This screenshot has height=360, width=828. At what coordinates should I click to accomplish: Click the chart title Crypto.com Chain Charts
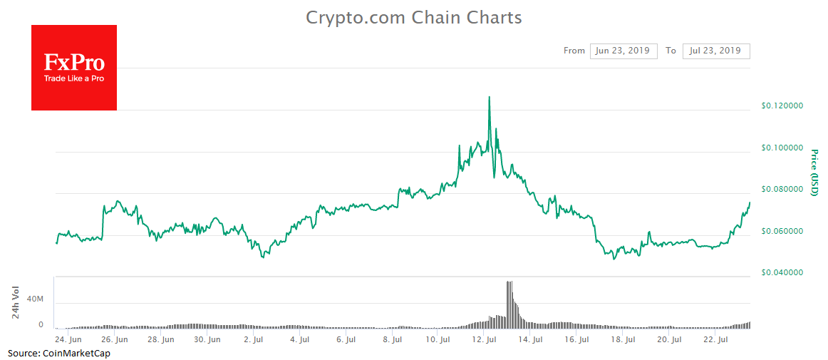413,17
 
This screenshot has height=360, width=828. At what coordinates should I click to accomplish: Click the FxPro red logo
74,68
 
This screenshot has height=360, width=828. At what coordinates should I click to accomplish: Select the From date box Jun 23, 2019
623,51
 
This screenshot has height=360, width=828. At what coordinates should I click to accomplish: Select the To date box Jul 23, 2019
715,51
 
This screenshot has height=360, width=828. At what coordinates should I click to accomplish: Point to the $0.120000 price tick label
782,106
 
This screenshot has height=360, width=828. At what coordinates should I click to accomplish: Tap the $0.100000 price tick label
782,148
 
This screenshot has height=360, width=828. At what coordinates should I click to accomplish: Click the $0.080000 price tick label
782,189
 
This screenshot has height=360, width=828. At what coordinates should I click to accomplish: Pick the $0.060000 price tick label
782,231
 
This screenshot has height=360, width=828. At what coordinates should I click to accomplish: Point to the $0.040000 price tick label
782,272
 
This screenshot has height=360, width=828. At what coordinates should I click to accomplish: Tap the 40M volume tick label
35,299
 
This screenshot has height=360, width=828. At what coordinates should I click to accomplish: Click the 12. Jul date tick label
485,340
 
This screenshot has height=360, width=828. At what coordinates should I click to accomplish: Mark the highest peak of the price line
489,97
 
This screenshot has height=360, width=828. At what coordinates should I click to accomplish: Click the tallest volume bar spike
509,283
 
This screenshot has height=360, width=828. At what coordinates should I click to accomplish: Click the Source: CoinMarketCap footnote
59,353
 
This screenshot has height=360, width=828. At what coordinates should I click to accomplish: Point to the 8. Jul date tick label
392,340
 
